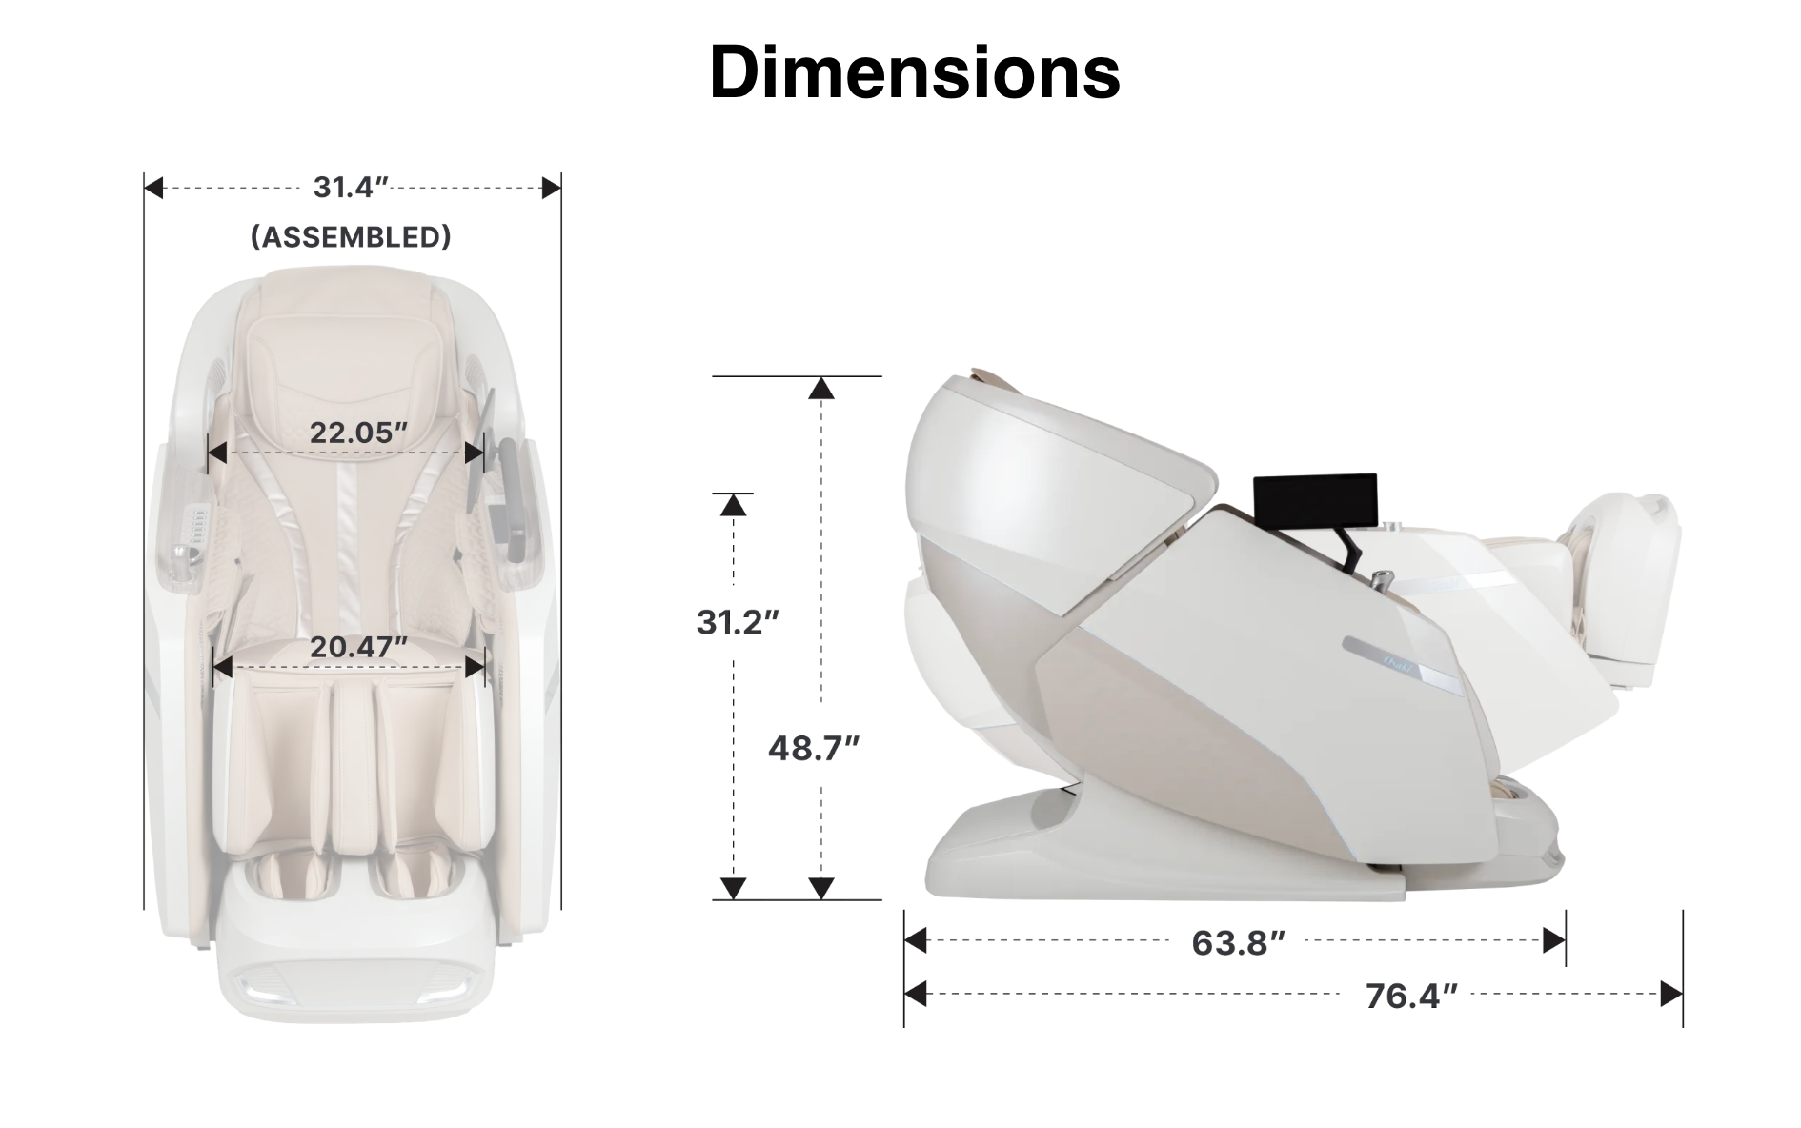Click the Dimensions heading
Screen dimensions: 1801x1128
pos(914,72)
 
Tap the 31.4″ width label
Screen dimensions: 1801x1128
pos(352,188)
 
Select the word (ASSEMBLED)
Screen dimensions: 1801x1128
pos(351,236)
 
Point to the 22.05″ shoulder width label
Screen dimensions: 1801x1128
pos(358,433)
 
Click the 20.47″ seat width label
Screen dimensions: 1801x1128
pos(358,647)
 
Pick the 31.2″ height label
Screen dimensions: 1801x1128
pos(738,622)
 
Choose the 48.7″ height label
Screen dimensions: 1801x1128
pos(814,749)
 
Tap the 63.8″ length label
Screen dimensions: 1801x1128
pos(1238,942)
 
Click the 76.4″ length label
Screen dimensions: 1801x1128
pos(1411,996)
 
